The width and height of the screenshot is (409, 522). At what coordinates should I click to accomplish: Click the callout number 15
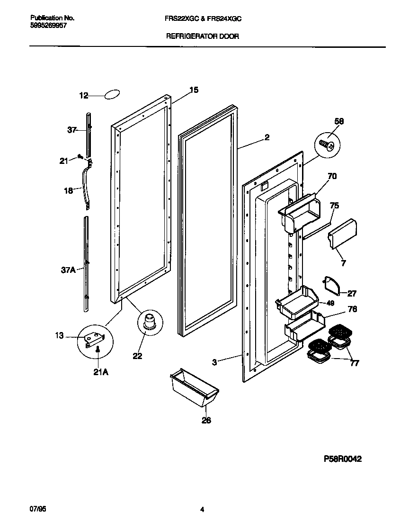pyautogui.click(x=194, y=90)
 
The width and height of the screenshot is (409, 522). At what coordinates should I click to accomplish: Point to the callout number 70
pyautogui.click(x=332, y=177)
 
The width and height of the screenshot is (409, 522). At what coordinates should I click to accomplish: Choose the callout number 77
pyautogui.click(x=354, y=363)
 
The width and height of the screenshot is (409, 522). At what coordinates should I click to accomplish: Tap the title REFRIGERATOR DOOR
pyautogui.click(x=202, y=36)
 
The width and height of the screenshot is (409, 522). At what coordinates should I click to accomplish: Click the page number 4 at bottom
pyautogui.click(x=202, y=510)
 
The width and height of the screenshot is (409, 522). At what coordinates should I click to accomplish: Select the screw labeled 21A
pyautogui.click(x=97, y=350)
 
